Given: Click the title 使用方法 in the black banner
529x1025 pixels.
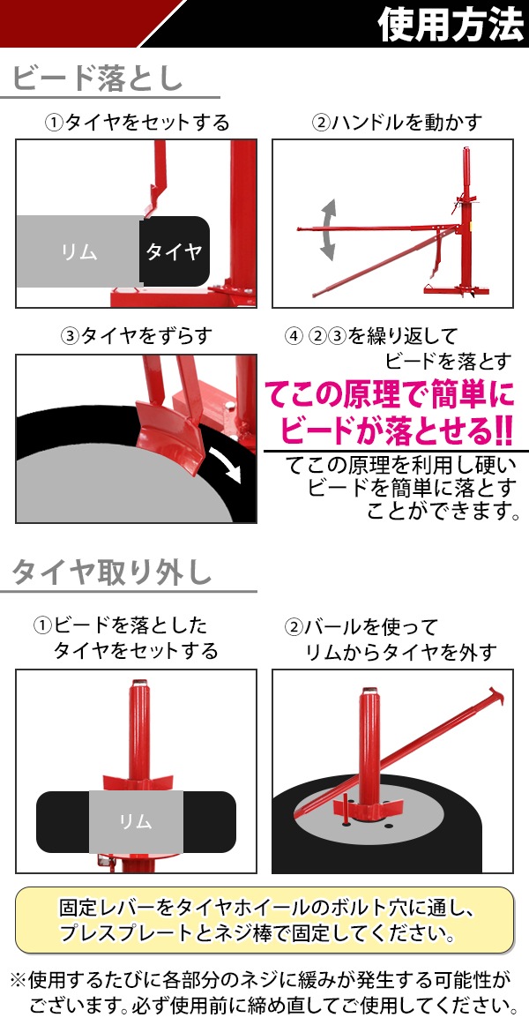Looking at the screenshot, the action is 451,24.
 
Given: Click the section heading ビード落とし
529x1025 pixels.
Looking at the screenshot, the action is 98,79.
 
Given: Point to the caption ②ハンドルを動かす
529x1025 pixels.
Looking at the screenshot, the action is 397,123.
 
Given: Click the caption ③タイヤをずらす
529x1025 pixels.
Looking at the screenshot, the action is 137,335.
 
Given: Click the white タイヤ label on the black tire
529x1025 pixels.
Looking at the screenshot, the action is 174,251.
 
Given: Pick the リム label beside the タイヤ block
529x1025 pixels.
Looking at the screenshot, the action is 79,251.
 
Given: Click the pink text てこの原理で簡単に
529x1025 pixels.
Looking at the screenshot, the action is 389,395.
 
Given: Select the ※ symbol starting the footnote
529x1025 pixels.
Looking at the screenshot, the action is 18,979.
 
